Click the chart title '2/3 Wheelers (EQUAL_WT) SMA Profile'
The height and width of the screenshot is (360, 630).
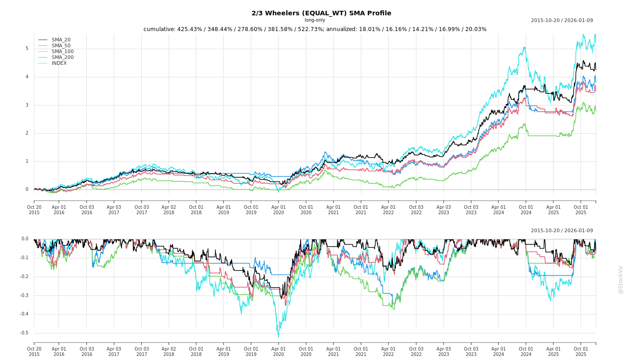[321, 13]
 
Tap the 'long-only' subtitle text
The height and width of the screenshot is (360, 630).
[315, 20]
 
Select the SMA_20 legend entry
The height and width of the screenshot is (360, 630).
[61, 40]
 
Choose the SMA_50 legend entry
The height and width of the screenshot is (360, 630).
[61, 46]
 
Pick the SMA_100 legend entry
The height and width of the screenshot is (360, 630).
[63, 52]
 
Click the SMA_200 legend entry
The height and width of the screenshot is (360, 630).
[63, 58]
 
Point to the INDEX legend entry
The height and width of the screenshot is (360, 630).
[59, 63]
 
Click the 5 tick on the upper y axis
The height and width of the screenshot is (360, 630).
[27, 49]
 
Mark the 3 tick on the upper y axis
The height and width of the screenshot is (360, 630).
[27, 105]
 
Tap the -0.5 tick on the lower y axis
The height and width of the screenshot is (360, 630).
[24, 333]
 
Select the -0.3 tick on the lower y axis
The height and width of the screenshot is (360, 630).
[24, 296]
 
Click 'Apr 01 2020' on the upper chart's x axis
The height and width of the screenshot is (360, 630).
[279, 210]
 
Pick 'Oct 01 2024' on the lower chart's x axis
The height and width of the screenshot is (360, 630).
[526, 351]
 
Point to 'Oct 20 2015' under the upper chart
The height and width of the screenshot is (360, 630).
[34, 210]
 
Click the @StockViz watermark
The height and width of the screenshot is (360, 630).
[621, 279]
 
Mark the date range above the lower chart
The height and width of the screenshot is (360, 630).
[562, 231]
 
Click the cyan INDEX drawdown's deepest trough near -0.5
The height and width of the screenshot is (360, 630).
[278, 337]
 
